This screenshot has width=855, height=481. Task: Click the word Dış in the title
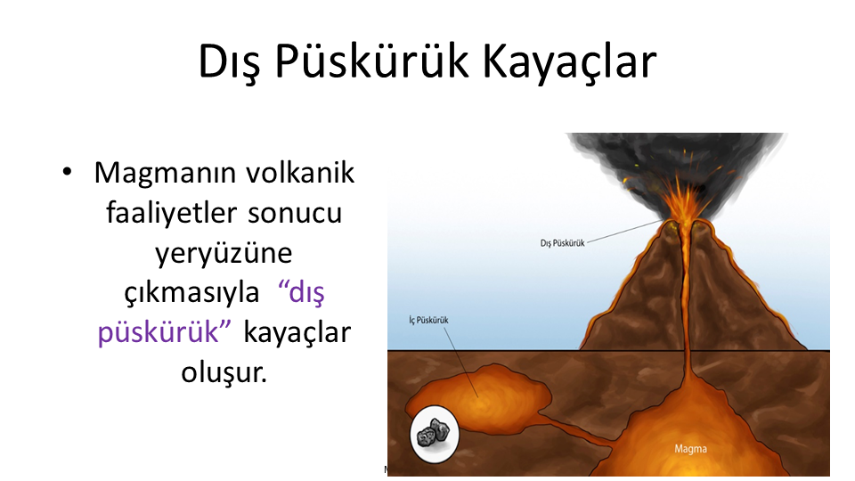point(229,62)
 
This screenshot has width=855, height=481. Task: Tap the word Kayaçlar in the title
point(570,62)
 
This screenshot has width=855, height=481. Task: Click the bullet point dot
point(67,172)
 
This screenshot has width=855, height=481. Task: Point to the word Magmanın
point(166,174)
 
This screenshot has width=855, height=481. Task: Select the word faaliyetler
point(171,213)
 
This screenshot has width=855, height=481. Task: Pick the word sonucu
point(295,214)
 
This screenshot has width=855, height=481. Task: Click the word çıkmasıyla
point(191,294)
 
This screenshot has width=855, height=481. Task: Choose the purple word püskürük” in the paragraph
point(164,332)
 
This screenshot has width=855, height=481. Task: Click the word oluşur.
point(224,373)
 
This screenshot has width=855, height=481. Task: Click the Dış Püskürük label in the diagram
point(562,243)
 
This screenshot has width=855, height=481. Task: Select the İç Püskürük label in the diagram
point(428,320)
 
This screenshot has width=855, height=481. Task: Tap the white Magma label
point(690,449)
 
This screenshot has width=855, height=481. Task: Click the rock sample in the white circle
point(434,434)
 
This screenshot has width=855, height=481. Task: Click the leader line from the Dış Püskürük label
point(624,231)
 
